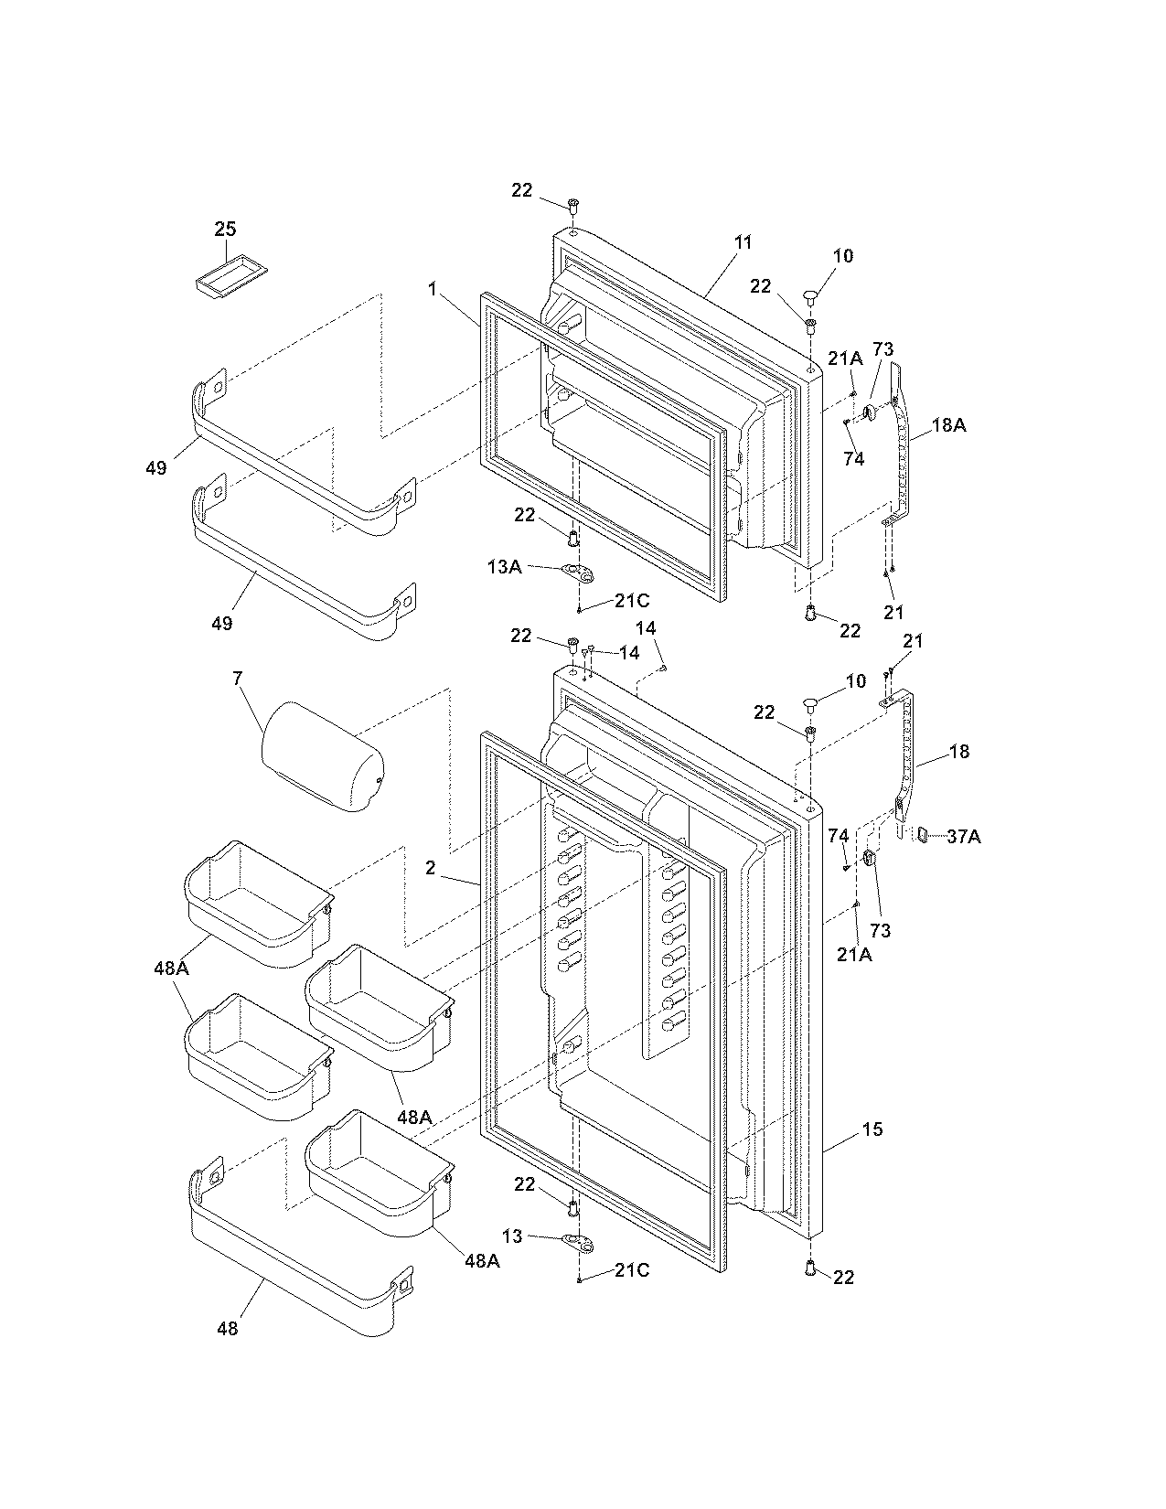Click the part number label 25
pyautogui.click(x=225, y=229)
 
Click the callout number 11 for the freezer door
pyautogui.click(x=743, y=242)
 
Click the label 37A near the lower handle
pyautogui.click(x=963, y=835)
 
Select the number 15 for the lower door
pyautogui.click(x=872, y=1129)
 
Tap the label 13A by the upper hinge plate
pyautogui.click(x=504, y=567)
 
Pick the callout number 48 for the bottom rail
pyautogui.click(x=227, y=1328)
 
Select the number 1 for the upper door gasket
pyautogui.click(x=432, y=289)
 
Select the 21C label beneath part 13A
pyautogui.click(x=632, y=601)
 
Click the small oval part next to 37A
pyautogui.click(x=924, y=834)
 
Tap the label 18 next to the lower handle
pyautogui.click(x=959, y=752)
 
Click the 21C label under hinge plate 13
pyautogui.click(x=632, y=1270)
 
